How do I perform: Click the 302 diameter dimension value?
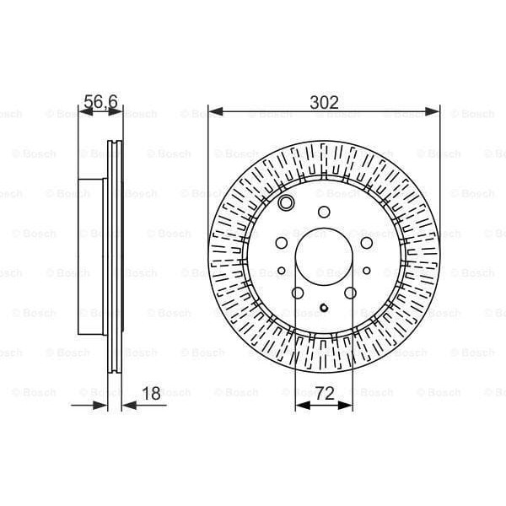325,102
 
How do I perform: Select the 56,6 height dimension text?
100,102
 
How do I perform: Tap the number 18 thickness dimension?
151,392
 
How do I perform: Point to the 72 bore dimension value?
325,392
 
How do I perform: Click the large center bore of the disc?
325,256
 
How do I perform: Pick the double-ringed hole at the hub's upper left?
286,203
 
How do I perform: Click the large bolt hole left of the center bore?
281,242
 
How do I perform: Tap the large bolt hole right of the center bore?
367,242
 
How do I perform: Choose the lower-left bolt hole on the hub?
298,293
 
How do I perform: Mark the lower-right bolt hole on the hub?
351,293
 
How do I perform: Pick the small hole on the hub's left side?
281,271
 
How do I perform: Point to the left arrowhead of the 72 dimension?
300,405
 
